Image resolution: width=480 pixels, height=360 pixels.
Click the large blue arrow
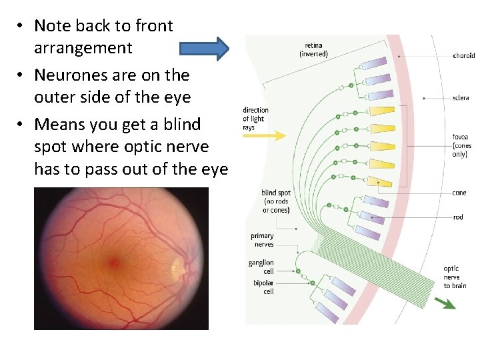pos(204,49)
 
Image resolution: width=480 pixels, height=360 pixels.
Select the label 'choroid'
pos(463,56)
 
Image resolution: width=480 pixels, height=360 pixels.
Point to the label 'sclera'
pos(460,98)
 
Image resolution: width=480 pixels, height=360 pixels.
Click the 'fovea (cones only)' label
pos(461,146)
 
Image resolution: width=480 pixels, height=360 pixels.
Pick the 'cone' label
pos(459,193)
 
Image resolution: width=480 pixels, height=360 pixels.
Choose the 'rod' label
pos(458,217)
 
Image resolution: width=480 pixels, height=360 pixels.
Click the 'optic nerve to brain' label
pos(455,277)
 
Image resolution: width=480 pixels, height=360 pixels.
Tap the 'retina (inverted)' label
pos(313,49)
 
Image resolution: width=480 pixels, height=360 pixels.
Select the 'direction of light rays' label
pos(255,119)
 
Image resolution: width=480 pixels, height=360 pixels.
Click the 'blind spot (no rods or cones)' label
pos(275,202)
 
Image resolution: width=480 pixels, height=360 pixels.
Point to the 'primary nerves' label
pos(262,240)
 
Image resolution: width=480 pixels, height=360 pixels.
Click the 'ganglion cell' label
pos(261,267)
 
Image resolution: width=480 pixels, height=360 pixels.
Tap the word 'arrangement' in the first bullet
pos(83,48)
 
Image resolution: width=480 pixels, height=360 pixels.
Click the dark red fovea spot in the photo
pos(115,263)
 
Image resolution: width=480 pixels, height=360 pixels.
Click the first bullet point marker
pos(21,27)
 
